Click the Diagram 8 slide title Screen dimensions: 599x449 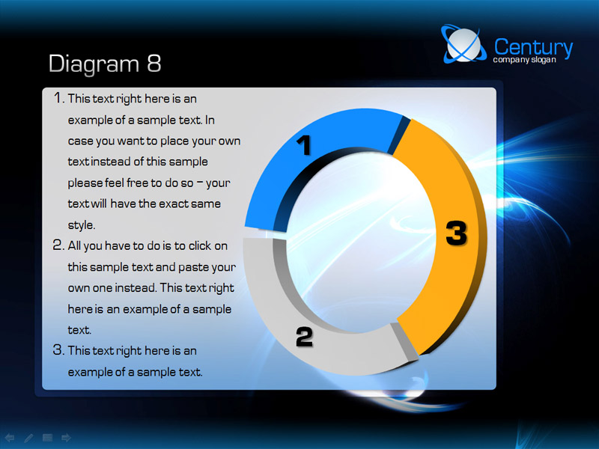tap(105, 64)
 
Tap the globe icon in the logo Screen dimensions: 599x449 tap(463, 44)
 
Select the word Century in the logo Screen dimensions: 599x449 tap(533, 47)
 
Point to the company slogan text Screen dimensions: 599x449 tap(524, 60)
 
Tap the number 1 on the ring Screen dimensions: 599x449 tap(305, 145)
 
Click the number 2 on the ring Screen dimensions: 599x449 tap(305, 337)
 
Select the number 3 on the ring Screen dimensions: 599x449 tap(457, 233)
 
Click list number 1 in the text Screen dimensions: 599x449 tap(58, 98)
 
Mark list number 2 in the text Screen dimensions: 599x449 tap(58, 245)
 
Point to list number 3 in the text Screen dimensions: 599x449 tap(58, 349)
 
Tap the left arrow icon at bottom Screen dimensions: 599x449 tap(9, 438)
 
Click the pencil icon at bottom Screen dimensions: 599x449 tap(28, 438)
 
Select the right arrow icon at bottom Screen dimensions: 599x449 tap(66, 438)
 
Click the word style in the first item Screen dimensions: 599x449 tap(82, 225)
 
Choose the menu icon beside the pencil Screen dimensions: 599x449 tap(47, 438)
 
